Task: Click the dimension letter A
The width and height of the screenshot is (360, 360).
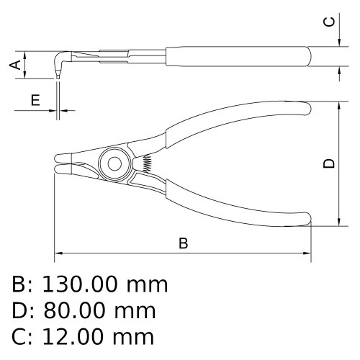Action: point(15,65)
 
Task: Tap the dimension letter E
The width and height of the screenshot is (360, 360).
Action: point(35,100)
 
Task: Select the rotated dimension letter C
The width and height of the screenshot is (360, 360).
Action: point(329,22)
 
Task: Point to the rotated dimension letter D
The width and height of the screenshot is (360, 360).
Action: point(329,163)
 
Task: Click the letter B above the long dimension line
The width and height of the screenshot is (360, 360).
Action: point(184,243)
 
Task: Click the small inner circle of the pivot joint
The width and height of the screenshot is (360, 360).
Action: point(114,164)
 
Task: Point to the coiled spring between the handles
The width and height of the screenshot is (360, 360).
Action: point(147,163)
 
